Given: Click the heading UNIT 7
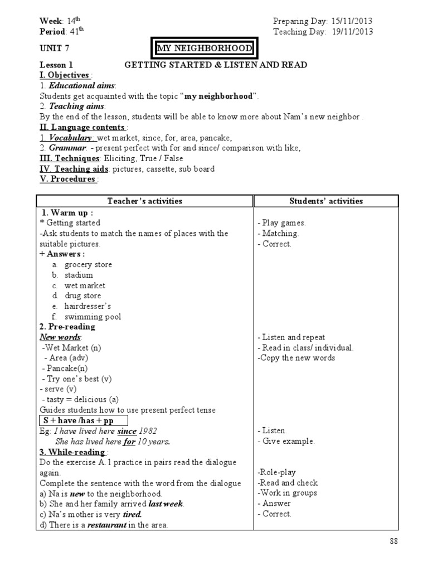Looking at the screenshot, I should click(x=55, y=49).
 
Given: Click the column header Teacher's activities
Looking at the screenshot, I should click(x=144, y=201).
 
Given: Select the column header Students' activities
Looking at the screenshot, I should click(x=326, y=201).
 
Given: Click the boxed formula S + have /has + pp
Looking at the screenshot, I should click(x=83, y=420).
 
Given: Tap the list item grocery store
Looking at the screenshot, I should click(x=88, y=264).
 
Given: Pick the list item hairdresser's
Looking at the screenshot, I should click(x=88, y=306).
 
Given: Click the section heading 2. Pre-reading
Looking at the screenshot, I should click(x=67, y=327).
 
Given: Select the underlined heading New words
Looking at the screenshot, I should click(x=60, y=337).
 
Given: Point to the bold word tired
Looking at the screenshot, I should click(x=132, y=514).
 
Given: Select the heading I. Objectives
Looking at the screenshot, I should click(x=64, y=75).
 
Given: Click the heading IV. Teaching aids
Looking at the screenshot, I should click(x=73, y=169).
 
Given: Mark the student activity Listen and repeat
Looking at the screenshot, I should click(x=291, y=337).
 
